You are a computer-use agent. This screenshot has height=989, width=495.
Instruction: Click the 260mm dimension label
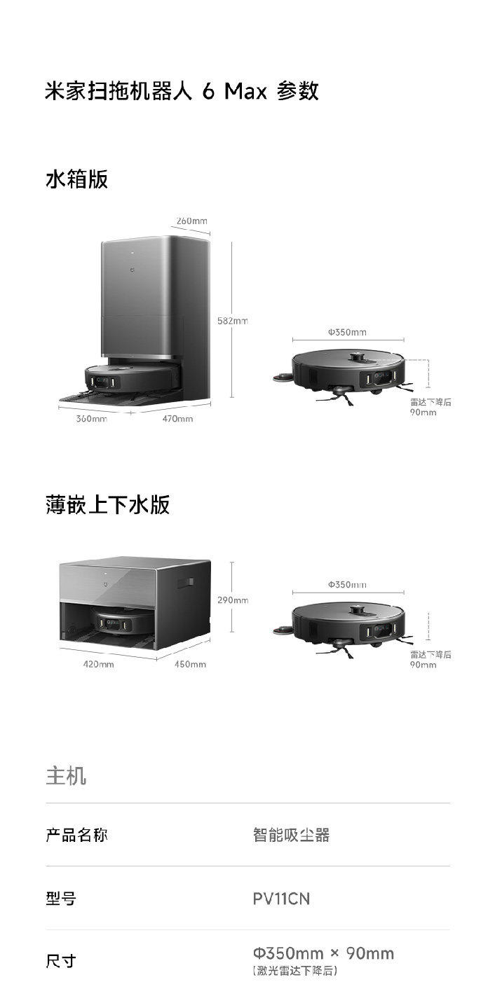click(191, 221)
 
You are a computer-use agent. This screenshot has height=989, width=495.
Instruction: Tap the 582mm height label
click(233, 321)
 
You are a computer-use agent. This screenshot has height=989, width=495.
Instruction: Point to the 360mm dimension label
click(91, 419)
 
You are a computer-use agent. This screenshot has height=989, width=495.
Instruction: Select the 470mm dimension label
click(177, 419)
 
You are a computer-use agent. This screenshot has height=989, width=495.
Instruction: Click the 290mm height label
click(233, 600)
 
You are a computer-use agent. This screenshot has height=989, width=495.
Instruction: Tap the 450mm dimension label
click(190, 664)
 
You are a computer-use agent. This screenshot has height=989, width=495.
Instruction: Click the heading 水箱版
click(76, 179)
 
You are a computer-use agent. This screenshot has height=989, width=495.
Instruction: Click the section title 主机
click(66, 776)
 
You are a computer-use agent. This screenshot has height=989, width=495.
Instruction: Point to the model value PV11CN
click(281, 898)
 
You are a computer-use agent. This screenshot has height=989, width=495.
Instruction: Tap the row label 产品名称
click(76, 835)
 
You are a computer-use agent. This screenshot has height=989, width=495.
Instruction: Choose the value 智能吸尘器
click(291, 835)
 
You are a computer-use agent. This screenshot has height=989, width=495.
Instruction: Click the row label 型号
click(61, 898)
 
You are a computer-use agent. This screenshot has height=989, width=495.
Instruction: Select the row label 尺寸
click(61, 961)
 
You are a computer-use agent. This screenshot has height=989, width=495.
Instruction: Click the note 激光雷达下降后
click(295, 971)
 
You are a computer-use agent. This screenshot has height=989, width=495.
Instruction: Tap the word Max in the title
click(245, 91)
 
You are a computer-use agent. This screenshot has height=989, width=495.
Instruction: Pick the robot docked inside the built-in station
click(114, 622)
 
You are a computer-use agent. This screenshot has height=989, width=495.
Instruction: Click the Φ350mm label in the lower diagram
click(347, 584)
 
